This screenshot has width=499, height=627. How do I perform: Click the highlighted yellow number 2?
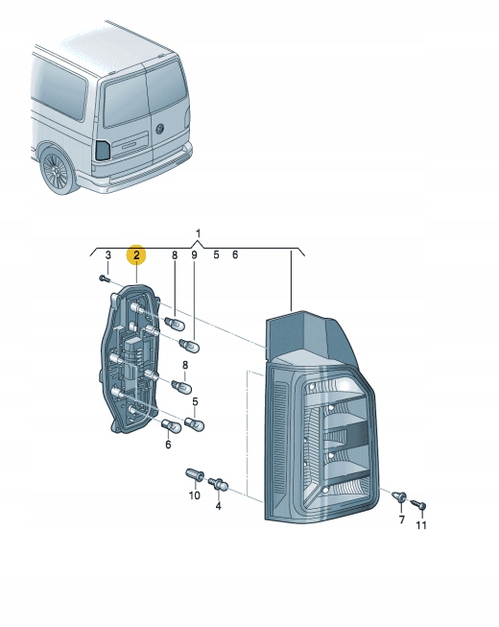click(x=137, y=254)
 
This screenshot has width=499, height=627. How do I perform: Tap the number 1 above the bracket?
click(x=198, y=233)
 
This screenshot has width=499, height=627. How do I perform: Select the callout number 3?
click(x=108, y=254)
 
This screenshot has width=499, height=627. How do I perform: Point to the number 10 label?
click(x=193, y=495)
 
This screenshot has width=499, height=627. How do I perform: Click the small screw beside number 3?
click(x=104, y=278)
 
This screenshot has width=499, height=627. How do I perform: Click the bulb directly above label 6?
click(x=169, y=425)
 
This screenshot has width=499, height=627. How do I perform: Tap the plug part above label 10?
click(x=192, y=474)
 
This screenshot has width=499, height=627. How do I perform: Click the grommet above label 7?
click(x=401, y=497)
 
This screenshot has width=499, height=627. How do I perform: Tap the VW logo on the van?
click(x=160, y=130)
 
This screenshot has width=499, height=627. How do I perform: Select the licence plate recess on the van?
click(x=131, y=144)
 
